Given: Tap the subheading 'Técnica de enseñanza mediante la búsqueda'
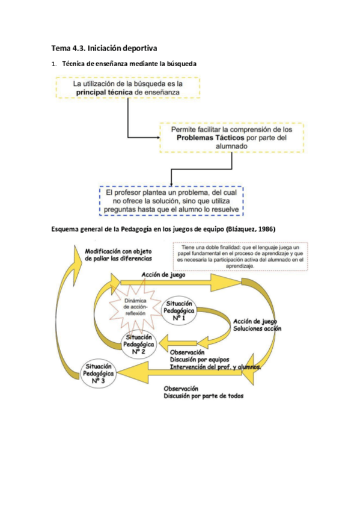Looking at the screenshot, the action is pyautogui.click(x=129, y=63).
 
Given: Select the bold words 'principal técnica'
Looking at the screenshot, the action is pyautogui.click(x=104, y=94).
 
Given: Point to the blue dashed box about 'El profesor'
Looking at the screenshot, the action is pyautogui.click(x=171, y=200).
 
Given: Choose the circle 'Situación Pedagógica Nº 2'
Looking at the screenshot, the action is pyautogui.click(x=138, y=343).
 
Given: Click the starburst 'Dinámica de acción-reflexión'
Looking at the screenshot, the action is pyautogui.click(x=135, y=308).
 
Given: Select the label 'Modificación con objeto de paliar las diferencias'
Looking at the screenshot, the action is pyautogui.click(x=118, y=254).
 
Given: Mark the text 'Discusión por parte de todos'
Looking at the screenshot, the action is pyautogui.click(x=204, y=396).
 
